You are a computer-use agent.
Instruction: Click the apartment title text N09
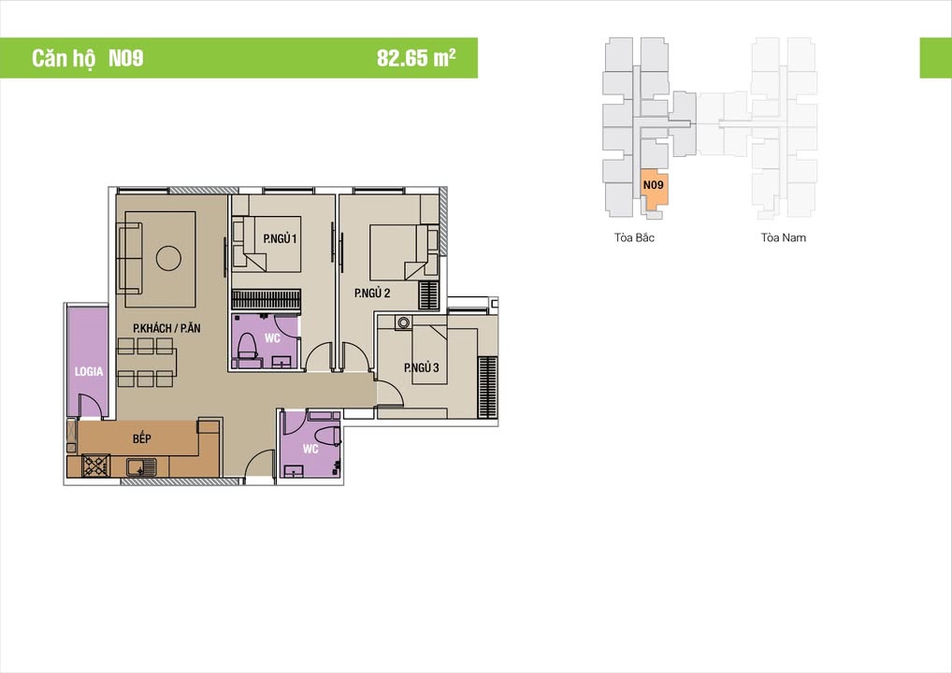pyautogui.click(x=125, y=58)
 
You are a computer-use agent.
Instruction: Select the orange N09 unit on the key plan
pyautogui.click(x=654, y=191)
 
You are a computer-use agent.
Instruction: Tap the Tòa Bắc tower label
pyautogui.click(x=635, y=237)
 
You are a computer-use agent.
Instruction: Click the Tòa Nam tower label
pyautogui.click(x=783, y=237)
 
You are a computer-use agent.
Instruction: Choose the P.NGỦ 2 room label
pyautogui.click(x=372, y=294)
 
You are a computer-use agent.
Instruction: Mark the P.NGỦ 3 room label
pyautogui.click(x=422, y=367)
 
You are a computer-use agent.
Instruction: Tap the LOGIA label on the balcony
pyautogui.click(x=89, y=371)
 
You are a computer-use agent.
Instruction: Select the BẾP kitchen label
pyautogui.click(x=141, y=437)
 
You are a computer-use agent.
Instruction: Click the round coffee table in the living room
pyautogui.click(x=168, y=258)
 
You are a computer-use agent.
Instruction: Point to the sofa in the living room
pyautogui.click(x=129, y=258)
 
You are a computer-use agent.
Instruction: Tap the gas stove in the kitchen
pyautogui.click(x=96, y=465)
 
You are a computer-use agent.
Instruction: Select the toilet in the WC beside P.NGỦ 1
pyautogui.click(x=247, y=347)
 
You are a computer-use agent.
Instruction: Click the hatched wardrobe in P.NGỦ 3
pyautogui.click(x=487, y=386)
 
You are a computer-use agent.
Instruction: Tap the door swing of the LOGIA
pyautogui.click(x=90, y=407)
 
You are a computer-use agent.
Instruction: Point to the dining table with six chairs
pyautogui.click(x=146, y=362)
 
